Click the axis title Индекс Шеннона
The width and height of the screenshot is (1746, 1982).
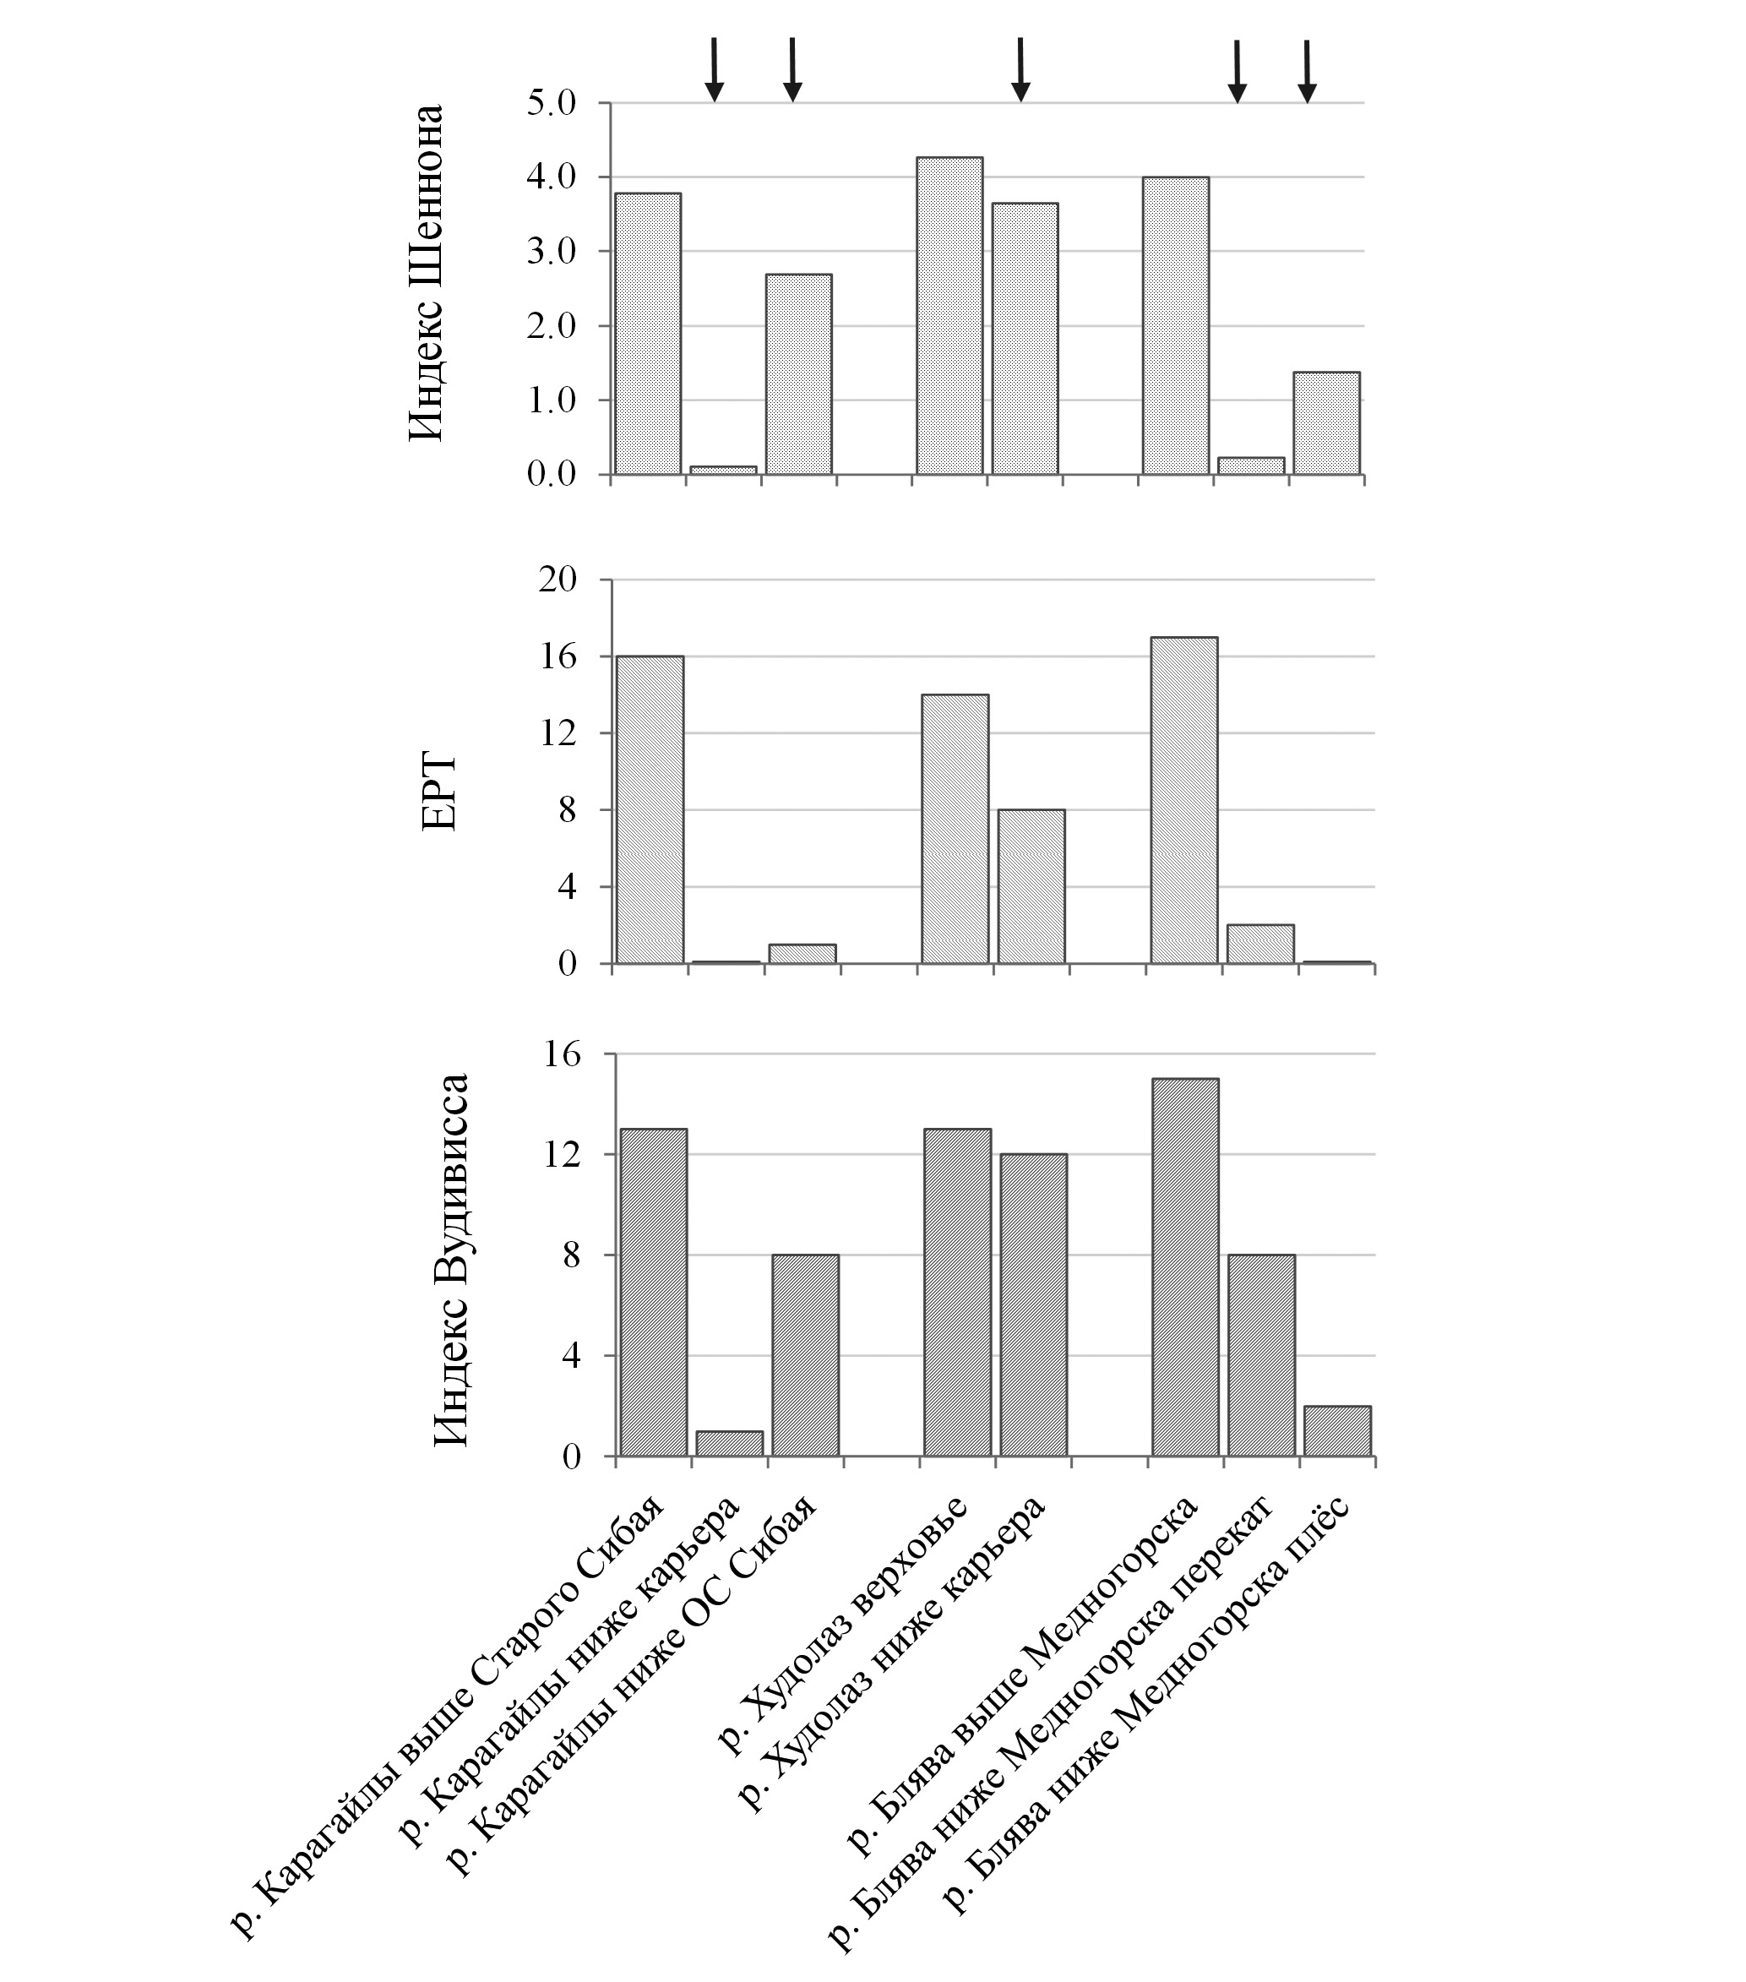pyautogui.click(x=426, y=273)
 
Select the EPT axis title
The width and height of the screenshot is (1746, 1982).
pyautogui.click(x=439, y=792)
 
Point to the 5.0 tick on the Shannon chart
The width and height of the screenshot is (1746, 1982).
pyautogui.click(x=552, y=103)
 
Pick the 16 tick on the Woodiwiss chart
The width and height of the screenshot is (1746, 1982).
pyautogui.click(x=559, y=1054)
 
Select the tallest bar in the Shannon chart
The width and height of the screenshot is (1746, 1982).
pyautogui.click(x=949, y=316)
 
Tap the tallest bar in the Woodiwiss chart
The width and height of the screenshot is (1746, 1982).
pyautogui.click(x=1184, y=1267)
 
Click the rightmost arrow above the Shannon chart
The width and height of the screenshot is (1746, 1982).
pyautogui.click(x=1307, y=71)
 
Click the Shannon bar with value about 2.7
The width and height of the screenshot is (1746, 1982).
pyautogui.click(x=799, y=374)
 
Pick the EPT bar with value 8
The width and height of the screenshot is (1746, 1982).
pyautogui.click(x=1031, y=886)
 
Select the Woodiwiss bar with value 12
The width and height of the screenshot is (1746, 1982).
pyautogui.click(x=1033, y=1305)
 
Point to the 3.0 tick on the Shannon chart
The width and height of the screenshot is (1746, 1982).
pyautogui.click(x=552, y=252)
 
